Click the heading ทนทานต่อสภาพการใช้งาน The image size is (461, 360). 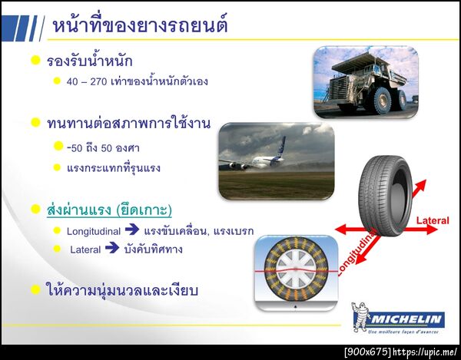(x=128, y=123)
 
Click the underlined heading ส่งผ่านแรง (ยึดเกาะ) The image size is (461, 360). (x=109, y=210)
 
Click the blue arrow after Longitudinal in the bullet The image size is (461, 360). (x=132, y=230)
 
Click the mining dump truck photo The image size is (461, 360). (x=365, y=80)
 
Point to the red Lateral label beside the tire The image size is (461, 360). (x=432, y=221)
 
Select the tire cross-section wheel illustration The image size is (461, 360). (x=297, y=272)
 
